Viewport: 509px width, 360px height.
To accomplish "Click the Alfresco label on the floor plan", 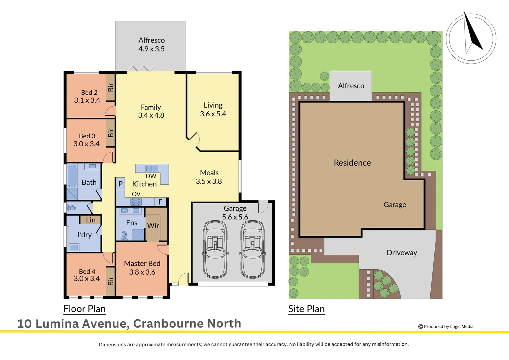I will coord(152,40).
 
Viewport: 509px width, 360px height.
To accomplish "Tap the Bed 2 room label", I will coord(89,92).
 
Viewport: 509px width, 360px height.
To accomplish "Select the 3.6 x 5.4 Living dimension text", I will coord(213,114).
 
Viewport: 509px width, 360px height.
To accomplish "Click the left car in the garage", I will coord(215,249).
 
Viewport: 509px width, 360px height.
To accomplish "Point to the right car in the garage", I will coord(253,249).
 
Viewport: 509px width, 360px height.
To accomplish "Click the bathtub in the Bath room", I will coord(72,176).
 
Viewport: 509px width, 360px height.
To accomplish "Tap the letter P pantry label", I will coord(121,184).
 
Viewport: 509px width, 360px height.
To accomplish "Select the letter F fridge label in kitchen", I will coord(160,202).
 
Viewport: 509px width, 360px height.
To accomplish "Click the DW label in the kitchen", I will coord(151,176).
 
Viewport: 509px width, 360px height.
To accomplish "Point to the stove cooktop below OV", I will coord(136,202).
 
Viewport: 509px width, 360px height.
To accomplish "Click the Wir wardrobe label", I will coord(153,226).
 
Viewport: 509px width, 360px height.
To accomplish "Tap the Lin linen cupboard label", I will coord(91,220).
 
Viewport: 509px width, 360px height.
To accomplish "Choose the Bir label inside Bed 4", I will coord(111,281).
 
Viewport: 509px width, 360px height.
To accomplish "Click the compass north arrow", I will coord(473,33).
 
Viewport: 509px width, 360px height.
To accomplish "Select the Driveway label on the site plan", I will coord(402,253).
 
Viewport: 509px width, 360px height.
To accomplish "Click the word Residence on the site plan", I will coord(352,163).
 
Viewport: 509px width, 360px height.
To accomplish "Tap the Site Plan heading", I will coord(306,309).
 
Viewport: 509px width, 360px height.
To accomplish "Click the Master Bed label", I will coord(142,263).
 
